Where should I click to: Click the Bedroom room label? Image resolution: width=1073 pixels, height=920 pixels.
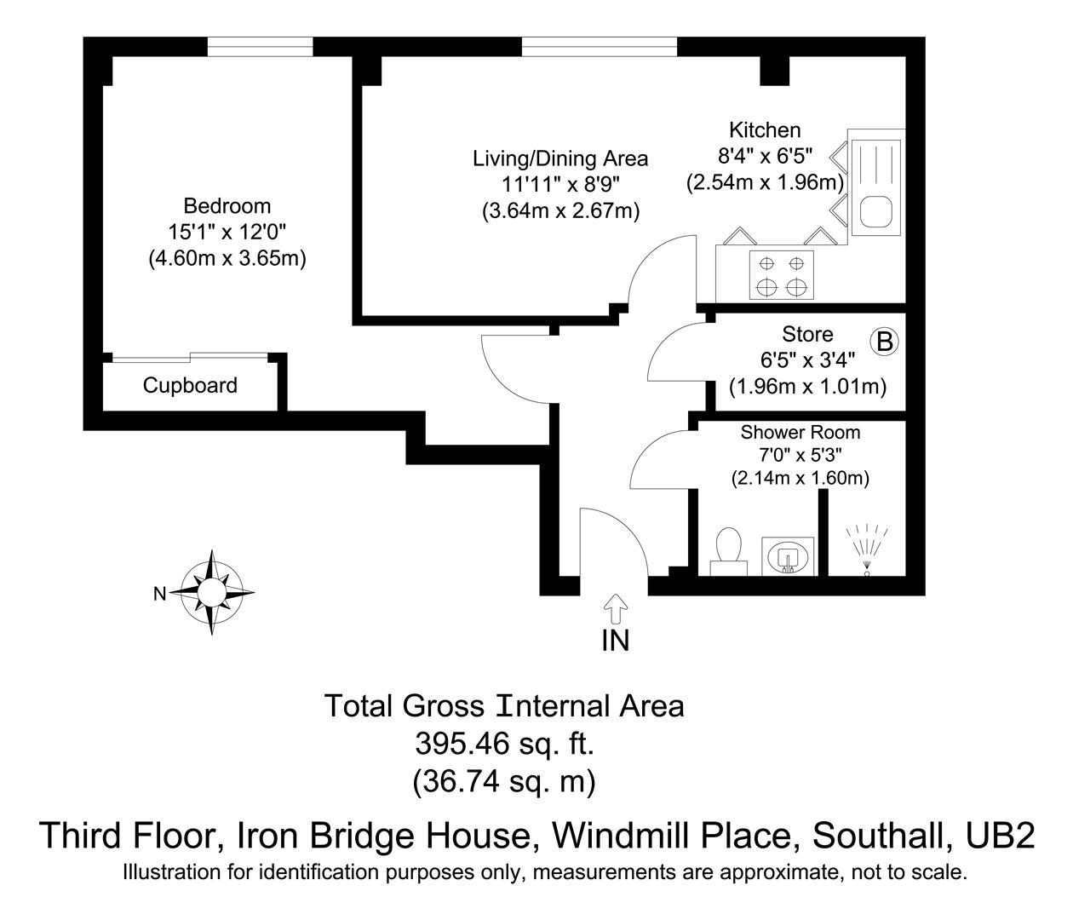pos(227,206)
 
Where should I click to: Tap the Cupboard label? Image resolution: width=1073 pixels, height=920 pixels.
pos(190,386)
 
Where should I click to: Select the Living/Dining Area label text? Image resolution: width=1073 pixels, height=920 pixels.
pos(560,158)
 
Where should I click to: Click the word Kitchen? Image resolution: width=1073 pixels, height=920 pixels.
pos(765,130)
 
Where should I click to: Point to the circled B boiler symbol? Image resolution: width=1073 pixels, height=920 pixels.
pos(884,342)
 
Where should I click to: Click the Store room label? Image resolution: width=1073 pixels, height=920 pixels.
pos(807,334)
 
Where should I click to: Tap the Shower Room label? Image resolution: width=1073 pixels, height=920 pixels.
pos(800,433)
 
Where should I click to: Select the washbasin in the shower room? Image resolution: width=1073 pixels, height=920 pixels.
pos(789,555)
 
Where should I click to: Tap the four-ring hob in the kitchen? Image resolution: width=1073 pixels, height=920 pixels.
pos(781,274)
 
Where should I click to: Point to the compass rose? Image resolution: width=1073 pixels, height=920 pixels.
pos(211,592)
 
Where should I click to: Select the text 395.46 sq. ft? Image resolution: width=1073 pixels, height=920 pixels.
pos(504,744)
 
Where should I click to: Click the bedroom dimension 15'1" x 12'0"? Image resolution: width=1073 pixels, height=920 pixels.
pos(227,232)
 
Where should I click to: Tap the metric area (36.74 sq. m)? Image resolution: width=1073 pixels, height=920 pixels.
pos(504,780)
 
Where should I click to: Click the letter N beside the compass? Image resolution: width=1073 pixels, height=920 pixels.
pos(159,594)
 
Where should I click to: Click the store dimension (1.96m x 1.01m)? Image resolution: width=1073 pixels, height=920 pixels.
pos(807,387)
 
